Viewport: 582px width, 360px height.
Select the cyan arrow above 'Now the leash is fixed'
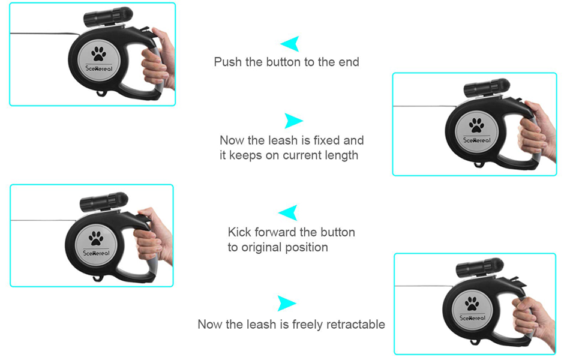point(292,121)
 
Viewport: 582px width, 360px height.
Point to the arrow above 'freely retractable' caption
point(286,303)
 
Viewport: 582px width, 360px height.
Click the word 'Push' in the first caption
point(228,62)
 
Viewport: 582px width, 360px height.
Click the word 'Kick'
point(240,232)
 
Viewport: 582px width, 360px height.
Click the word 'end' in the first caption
point(349,62)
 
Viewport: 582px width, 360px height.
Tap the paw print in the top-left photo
point(98,54)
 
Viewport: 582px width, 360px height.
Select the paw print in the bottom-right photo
point(472,303)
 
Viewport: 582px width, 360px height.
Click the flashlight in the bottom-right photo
point(479,268)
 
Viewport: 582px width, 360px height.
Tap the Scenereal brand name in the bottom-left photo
point(96,253)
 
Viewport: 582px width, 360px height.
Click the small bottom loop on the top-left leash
point(101,93)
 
